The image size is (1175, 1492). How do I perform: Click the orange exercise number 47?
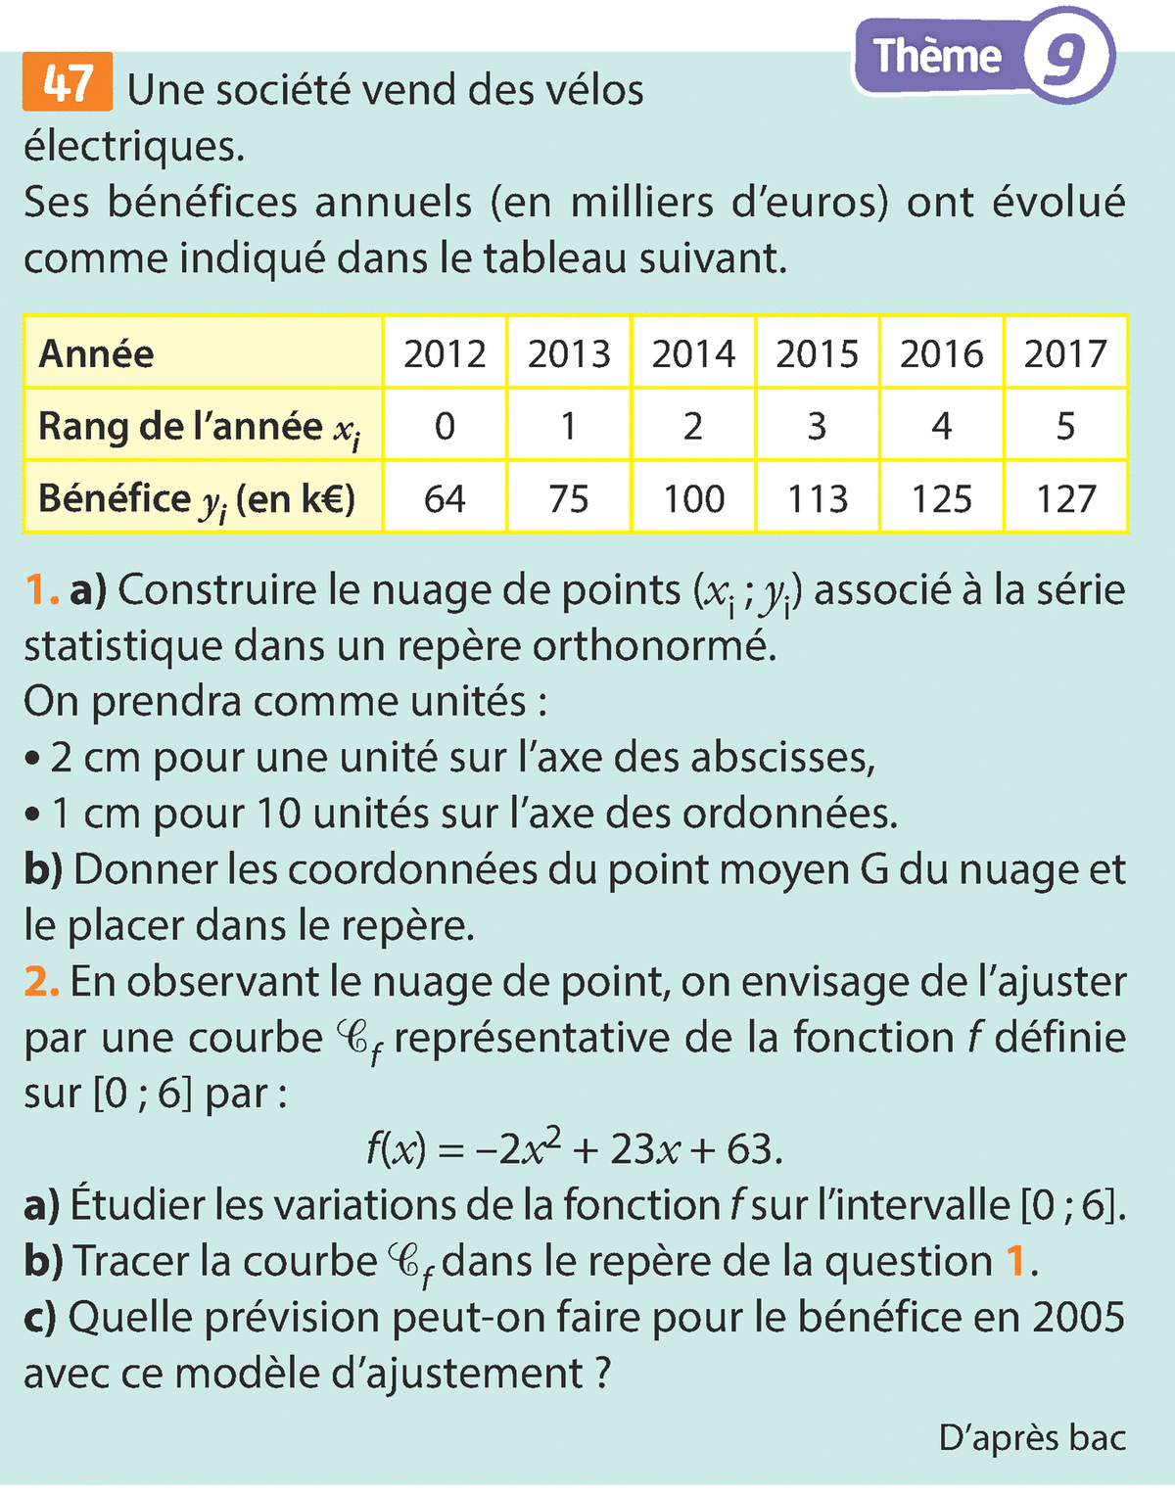(x=68, y=82)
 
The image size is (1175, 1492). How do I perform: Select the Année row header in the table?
(x=96, y=353)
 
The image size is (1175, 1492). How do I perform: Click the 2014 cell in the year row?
(x=692, y=353)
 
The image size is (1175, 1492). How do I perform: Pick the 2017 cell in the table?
(x=1065, y=353)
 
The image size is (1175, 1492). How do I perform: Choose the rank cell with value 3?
(x=817, y=426)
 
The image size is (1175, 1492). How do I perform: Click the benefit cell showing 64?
(x=445, y=498)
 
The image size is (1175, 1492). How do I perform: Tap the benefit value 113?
(x=817, y=498)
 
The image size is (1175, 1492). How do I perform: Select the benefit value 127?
(x=1065, y=498)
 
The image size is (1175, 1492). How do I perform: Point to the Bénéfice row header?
(x=196, y=499)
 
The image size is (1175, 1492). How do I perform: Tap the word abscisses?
(x=781, y=758)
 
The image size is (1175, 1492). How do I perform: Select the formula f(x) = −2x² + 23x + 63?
(x=575, y=1148)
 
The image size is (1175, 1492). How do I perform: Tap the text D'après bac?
(x=1032, y=1437)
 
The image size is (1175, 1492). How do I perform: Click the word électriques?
(x=134, y=147)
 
